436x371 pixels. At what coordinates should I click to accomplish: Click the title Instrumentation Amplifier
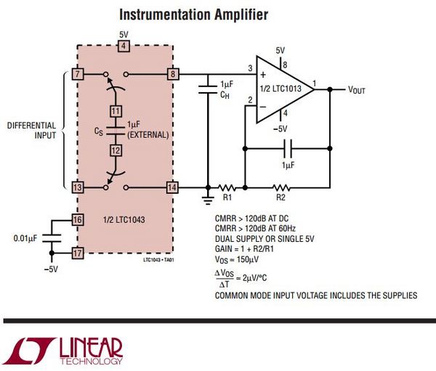193,14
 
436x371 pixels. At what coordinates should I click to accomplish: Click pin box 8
172,74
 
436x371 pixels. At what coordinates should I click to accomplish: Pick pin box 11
115,111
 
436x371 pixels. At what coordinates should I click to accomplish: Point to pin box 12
115,150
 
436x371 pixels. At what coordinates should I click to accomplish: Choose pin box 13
77,187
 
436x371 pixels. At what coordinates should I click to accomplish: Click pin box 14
172,187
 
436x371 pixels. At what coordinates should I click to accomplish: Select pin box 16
77,219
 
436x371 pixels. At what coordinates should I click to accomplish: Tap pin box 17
77,253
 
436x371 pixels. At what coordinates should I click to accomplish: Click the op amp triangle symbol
280,89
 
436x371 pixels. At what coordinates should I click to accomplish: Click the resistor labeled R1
227,188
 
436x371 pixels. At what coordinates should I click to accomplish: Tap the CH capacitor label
225,94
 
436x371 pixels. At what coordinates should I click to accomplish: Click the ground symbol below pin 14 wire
208,197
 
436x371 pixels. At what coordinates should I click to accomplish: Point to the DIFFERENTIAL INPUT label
33,131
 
